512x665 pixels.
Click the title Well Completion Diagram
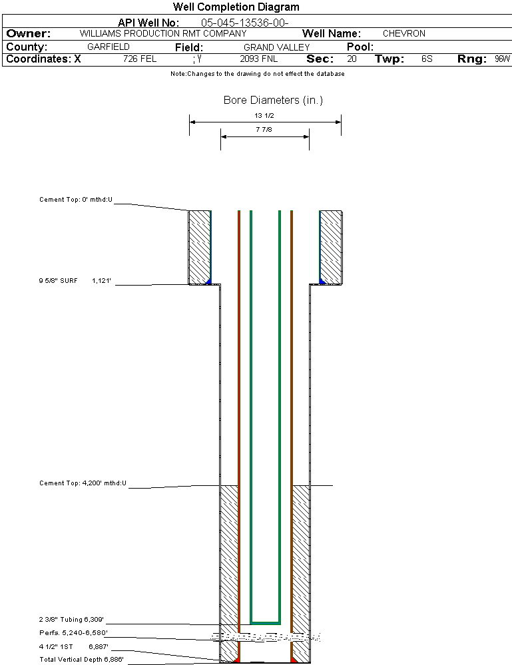236,7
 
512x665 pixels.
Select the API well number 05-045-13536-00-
244,23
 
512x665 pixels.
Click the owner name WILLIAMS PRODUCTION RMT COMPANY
162,33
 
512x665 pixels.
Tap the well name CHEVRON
403,33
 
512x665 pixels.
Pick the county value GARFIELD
109,47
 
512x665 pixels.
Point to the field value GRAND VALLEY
276,47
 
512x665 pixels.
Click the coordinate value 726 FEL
140,59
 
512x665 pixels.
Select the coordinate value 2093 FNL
258,59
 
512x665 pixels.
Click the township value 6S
427,59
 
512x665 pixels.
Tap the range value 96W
502,59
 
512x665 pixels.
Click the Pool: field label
360,47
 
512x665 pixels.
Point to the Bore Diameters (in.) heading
273,101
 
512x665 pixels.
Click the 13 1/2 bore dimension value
264,115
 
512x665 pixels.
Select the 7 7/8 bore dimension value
264,130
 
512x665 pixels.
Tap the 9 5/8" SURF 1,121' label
74,281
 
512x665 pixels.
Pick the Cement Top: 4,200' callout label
83,483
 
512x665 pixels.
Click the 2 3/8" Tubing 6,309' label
71,619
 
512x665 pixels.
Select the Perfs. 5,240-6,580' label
74,632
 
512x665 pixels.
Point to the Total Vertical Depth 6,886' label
82,659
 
